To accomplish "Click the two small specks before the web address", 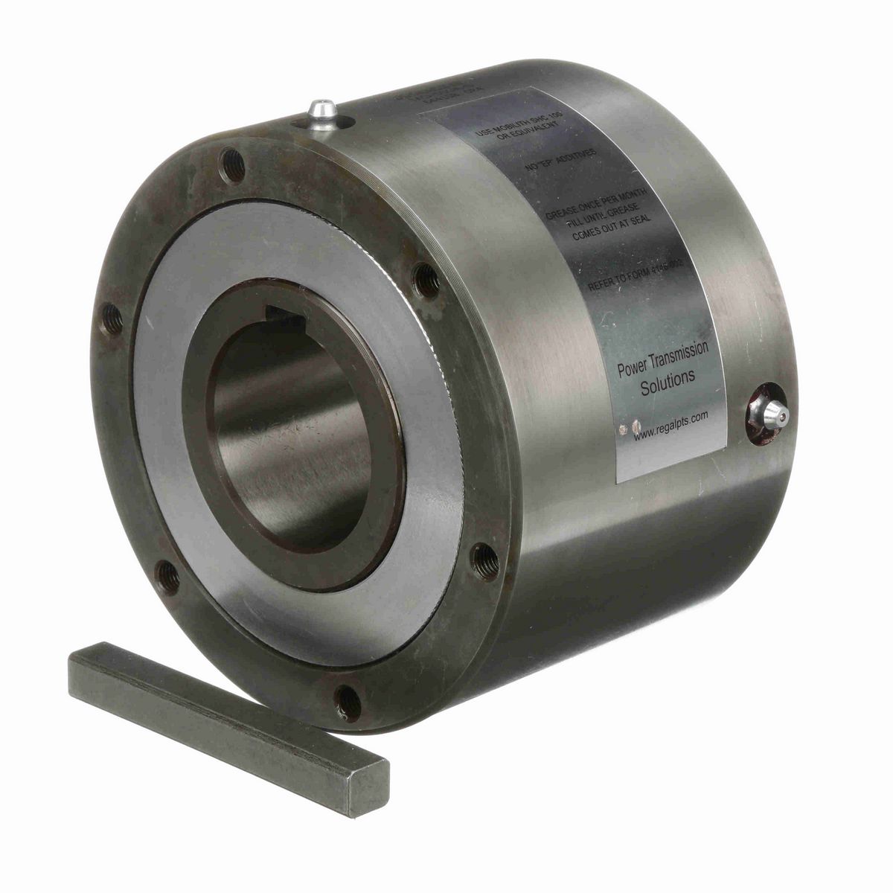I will point(630,427).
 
